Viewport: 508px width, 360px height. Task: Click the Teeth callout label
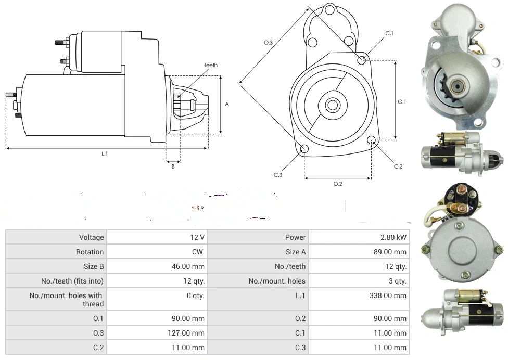(x=210, y=65)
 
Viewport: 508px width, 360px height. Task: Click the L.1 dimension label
(x=105, y=153)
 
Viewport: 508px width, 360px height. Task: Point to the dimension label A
(x=227, y=104)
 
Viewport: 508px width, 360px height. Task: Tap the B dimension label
(x=173, y=166)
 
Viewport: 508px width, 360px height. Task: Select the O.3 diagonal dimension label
(x=269, y=43)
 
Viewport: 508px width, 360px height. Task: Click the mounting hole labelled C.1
(x=362, y=60)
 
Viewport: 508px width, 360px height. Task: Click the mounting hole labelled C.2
(x=372, y=140)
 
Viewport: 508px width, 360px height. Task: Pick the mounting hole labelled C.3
(x=304, y=150)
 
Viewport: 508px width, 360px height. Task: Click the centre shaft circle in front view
(x=332, y=105)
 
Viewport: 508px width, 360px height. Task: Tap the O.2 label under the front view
(x=337, y=183)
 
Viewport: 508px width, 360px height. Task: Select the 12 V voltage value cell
(x=197, y=237)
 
